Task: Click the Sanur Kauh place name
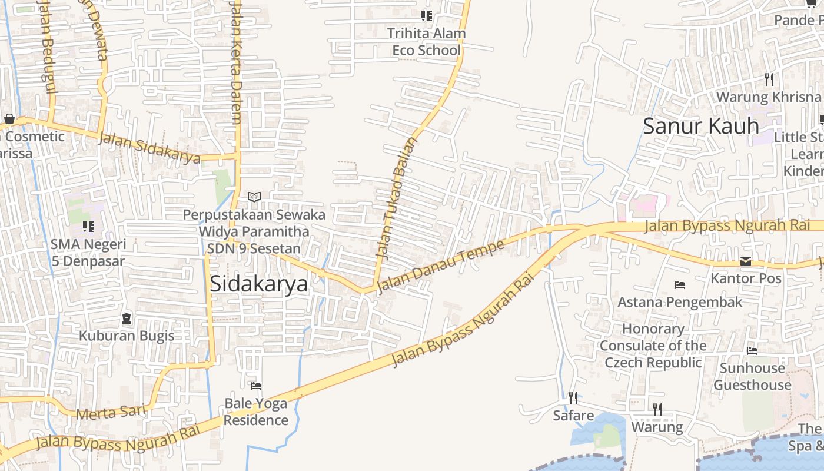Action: click(x=700, y=126)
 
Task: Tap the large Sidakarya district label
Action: click(x=259, y=284)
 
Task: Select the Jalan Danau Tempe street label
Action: click(x=441, y=266)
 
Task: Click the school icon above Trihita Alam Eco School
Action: click(x=427, y=16)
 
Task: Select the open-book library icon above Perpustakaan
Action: click(x=254, y=197)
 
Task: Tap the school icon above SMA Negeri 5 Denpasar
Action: click(x=88, y=227)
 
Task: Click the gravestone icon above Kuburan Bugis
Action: click(x=127, y=319)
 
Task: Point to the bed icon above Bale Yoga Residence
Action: click(x=256, y=386)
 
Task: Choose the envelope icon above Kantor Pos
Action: click(x=746, y=261)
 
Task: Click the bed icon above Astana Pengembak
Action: click(x=680, y=285)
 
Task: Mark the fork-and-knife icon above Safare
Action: click(x=573, y=398)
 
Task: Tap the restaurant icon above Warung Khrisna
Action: click(x=769, y=79)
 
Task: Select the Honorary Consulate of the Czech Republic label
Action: click(x=653, y=346)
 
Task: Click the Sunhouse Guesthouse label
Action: click(x=752, y=376)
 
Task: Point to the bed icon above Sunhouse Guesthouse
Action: click(x=752, y=351)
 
